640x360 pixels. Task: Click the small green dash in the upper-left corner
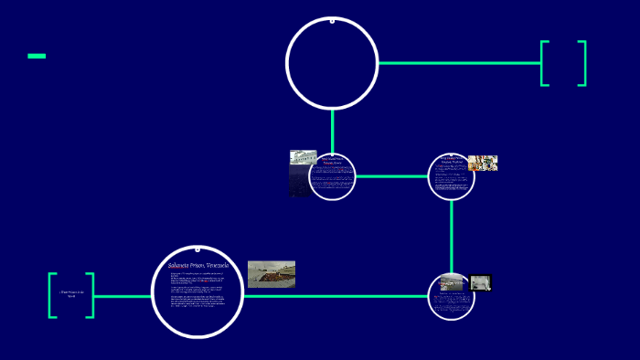point(37,56)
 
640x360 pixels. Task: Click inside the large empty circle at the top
point(332,62)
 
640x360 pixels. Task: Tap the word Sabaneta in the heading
point(184,265)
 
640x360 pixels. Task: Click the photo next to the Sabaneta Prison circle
point(271,274)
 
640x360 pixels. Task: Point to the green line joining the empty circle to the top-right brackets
point(457,63)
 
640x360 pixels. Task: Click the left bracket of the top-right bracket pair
point(544,63)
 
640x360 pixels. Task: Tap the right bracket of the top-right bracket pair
point(582,63)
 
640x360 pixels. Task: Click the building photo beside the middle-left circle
point(301,172)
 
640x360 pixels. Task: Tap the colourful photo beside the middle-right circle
point(482,163)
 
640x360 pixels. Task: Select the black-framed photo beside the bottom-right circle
point(481,282)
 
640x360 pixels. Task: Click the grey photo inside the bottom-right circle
point(451,282)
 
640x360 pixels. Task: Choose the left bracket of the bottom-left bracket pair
point(52,295)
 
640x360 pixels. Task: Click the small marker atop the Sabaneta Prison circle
point(197,249)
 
